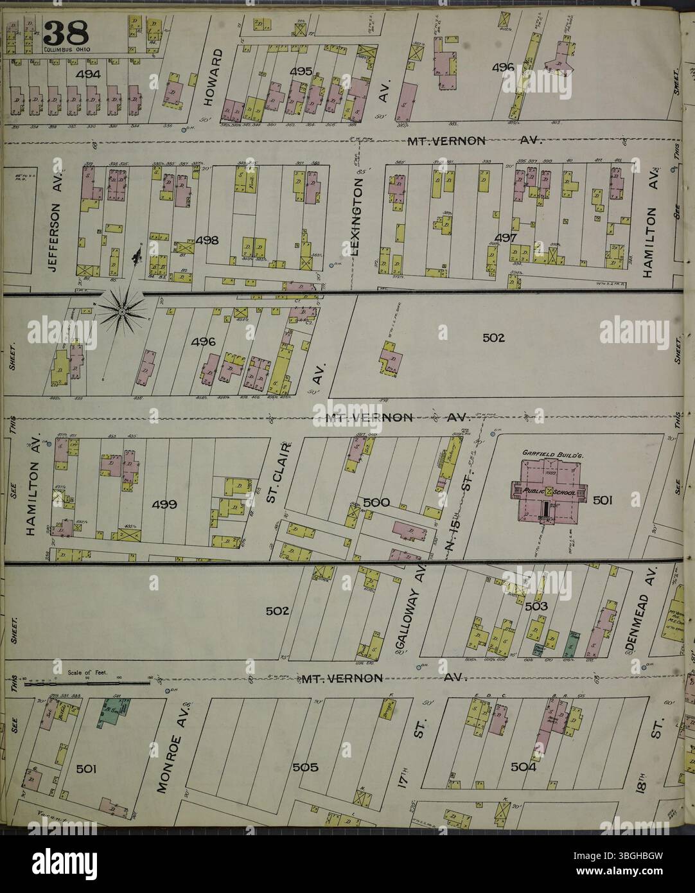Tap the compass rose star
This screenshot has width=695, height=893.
point(121,312)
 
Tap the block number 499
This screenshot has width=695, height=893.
point(164,505)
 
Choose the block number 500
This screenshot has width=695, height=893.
point(376,502)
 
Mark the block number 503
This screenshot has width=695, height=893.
point(535,606)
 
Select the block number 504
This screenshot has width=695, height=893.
point(525,767)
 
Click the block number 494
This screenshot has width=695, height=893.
point(88,75)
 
